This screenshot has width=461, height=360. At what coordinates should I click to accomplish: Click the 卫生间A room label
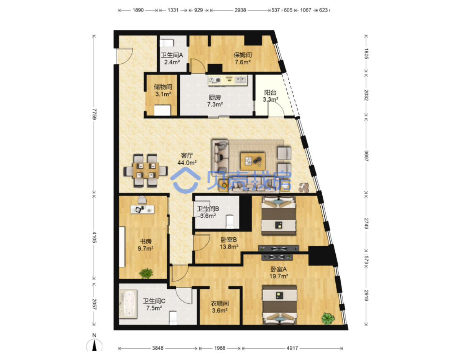[172, 55]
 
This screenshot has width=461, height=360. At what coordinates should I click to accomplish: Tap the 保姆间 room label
[243, 55]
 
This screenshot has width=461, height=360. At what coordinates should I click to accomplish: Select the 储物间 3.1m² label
[163, 90]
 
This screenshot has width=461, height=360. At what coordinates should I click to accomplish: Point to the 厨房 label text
[215, 97]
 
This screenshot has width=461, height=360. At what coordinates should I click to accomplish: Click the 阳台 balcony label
[270, 92]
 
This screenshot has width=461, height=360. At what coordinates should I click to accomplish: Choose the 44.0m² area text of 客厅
[187, 163]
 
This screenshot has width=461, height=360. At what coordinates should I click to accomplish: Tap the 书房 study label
[146, 242]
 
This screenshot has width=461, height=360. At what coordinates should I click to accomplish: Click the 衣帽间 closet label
[220, 304]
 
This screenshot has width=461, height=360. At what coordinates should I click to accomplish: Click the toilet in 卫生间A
[167, 43]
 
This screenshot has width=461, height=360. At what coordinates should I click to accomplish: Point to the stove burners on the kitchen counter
[215, 81]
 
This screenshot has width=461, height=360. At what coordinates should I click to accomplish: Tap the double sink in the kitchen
[241, 80]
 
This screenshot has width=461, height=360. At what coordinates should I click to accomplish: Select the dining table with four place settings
[146, 171]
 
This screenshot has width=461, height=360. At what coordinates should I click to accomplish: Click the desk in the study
[142, 209]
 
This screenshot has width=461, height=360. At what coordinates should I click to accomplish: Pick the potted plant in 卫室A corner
[328, 318]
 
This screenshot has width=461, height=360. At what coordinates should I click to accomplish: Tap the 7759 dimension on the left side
[94, 114]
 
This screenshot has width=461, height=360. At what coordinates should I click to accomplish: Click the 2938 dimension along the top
[240, 10]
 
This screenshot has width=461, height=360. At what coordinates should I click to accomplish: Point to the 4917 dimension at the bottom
[292, 348]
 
